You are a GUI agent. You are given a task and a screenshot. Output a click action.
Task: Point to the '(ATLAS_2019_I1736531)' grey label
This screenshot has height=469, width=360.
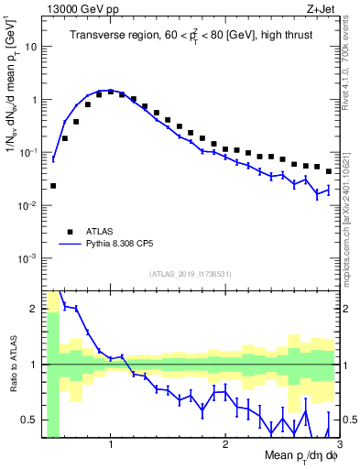pos(191,273)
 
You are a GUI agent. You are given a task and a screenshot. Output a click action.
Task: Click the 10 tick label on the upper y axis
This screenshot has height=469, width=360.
pos(32,45)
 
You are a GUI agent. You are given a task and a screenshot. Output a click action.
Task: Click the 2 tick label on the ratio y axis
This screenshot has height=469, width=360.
pos(35,309)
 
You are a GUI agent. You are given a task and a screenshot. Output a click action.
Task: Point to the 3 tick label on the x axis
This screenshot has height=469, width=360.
pos(337,445)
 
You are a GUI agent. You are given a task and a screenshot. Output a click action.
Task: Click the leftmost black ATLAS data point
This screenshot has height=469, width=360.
pos(53,186)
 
